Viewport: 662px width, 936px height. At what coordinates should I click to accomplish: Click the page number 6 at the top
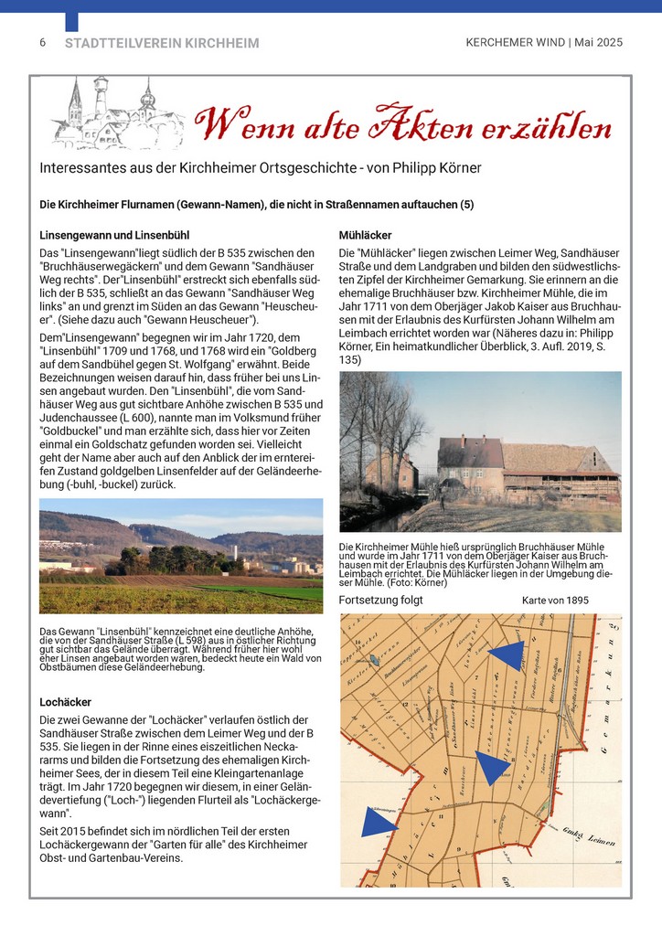43,43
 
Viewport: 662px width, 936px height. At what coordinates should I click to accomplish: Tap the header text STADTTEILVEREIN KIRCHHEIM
162,43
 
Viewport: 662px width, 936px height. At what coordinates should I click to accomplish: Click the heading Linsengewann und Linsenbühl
114,233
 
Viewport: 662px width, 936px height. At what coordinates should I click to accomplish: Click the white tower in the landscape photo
236,554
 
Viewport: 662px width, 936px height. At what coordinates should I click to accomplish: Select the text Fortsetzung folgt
380,601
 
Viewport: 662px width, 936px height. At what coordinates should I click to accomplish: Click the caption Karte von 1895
555,601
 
